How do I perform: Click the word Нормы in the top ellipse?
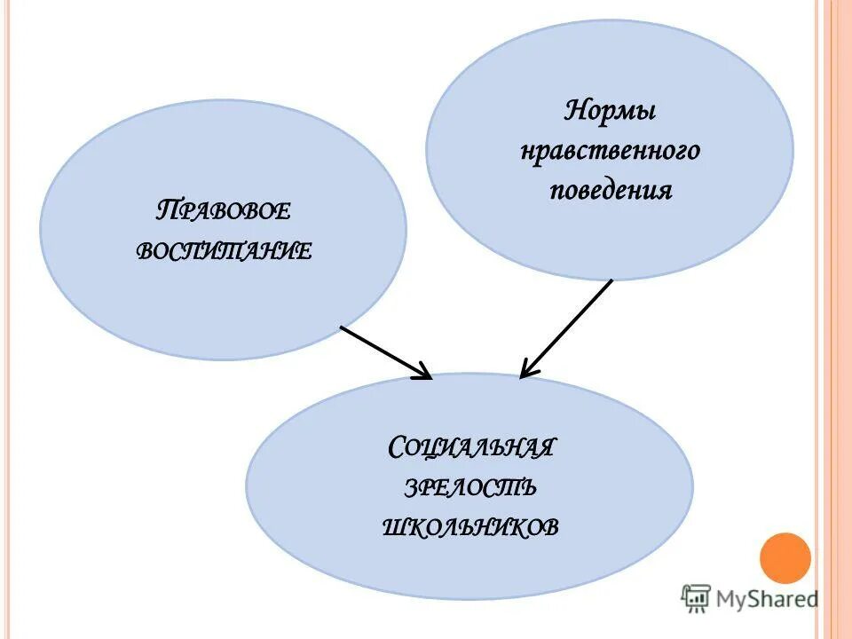point(610,113)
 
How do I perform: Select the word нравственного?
point(610,152)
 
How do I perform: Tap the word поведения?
point(610,191)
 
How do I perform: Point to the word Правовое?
point(224,213)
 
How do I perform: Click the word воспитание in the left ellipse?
point(224,251)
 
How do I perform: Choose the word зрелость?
point(471,487)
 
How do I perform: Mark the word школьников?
point(471,527)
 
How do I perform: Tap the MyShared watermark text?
point(768,599)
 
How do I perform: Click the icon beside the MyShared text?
point(696,599)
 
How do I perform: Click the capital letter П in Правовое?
point(164,212)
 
